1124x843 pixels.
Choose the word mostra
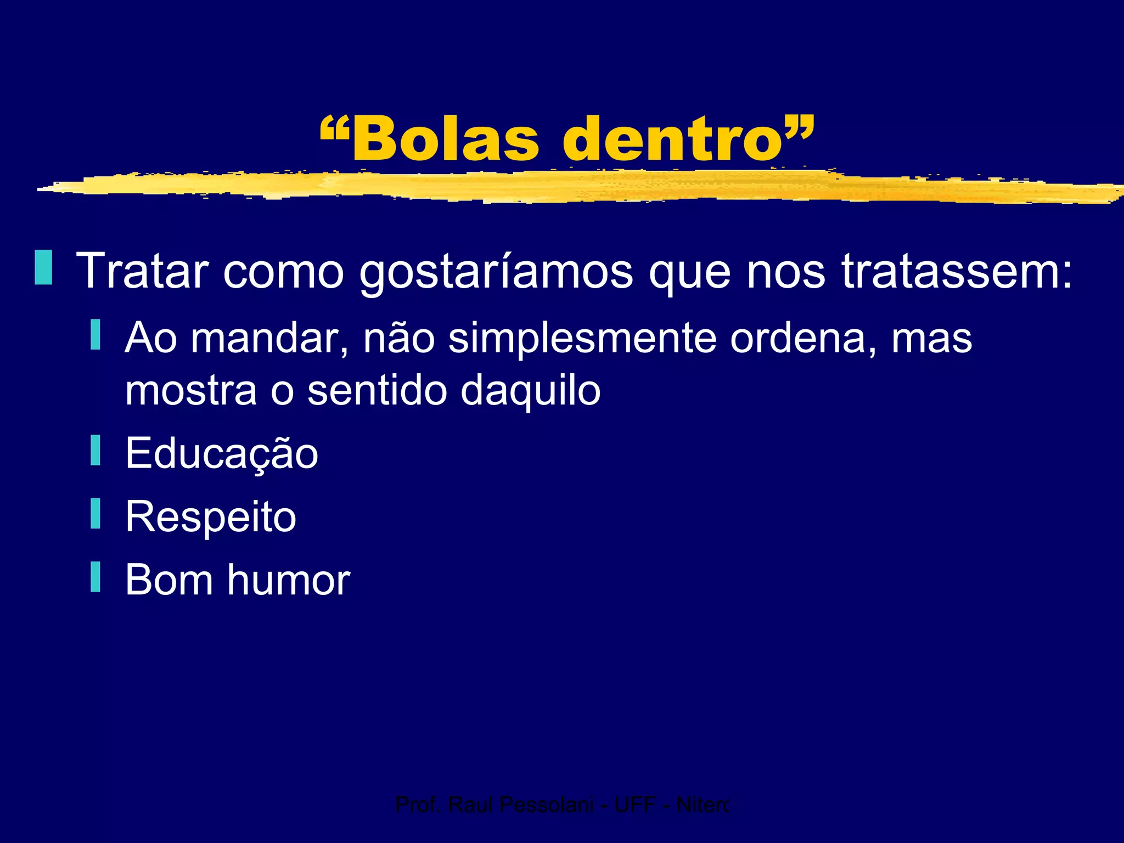point(191,391)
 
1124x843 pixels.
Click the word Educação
point(222,454)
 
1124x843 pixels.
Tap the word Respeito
point(211,518)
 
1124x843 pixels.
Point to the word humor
point(289,580)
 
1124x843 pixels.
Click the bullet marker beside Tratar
point(43,267)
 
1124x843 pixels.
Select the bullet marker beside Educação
point(95,450)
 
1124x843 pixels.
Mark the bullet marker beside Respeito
point(95,513)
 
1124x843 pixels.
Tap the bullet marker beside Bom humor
point(95,576)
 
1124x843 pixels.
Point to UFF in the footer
point(635,805)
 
